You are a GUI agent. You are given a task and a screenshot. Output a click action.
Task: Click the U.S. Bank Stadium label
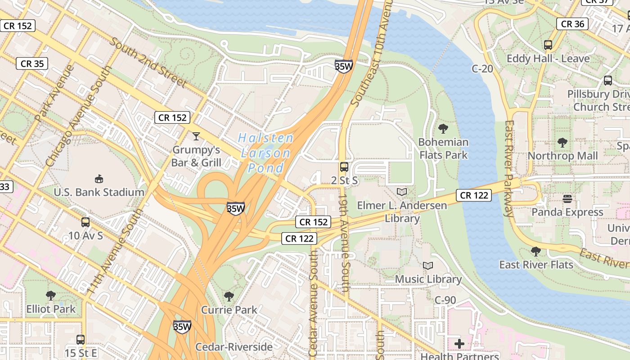[x=99, y=192]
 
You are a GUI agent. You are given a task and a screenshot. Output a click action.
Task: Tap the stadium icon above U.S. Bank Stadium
[x=99, y=179]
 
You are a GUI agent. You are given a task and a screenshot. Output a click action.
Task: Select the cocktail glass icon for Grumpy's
[x=196, y=136]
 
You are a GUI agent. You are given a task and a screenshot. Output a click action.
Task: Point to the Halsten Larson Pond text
[x=266, y=153]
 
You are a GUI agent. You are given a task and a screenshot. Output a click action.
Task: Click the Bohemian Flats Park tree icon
[x=443, y=129]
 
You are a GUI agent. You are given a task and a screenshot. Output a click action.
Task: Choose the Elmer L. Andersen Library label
[x=402, y=212]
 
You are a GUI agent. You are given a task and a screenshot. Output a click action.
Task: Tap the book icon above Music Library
[x=428, y=266]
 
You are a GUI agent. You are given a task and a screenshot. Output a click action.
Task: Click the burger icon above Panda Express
[x=567, y=198]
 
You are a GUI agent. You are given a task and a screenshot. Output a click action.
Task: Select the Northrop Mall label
[x=562, y=156]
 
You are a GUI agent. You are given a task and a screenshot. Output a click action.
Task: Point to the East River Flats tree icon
[x=535, y=251]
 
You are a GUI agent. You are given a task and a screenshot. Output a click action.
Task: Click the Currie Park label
[x=229, y=310]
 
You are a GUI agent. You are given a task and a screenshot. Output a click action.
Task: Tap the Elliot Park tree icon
[x=51, y=296]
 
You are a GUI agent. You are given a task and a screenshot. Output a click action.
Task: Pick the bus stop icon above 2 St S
[x=344, y=167]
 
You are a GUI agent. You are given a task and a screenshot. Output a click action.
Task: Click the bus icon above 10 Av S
[x=85, y=222]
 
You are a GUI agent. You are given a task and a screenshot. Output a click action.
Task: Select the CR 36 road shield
[x=572, y=24]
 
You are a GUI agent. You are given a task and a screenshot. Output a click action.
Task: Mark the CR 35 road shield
[x=32, y=63]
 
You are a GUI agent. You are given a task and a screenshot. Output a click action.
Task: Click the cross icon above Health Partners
[x=459, y=344]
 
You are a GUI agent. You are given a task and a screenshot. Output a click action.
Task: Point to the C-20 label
[x=482, y=69]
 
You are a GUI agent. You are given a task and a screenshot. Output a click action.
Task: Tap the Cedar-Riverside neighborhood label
[x=234, y=347]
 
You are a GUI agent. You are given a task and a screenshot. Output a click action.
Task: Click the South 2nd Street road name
[x=148, y=62]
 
